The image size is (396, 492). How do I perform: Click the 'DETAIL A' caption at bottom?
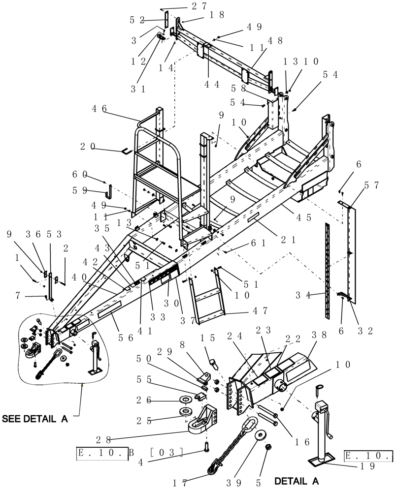tap(297, 480)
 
